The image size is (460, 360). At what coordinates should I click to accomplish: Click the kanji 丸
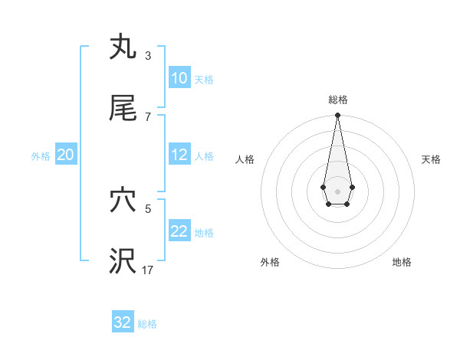click(123, 47)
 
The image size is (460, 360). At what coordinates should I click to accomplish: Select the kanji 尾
click(123, 109)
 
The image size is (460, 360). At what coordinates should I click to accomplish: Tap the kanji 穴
click(123, 201)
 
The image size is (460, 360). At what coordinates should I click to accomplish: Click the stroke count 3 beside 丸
click(147, 56)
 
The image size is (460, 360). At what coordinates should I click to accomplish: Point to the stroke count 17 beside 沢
click(148, 270)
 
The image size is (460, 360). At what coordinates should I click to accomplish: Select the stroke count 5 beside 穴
click(147, 208)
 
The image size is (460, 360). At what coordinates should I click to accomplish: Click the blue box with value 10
click(179, 78)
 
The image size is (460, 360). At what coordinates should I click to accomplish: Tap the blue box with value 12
click(179, 155)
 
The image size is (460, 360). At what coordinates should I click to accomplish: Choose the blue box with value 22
click(179, 231)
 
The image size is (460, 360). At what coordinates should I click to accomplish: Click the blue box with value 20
click(65, 155)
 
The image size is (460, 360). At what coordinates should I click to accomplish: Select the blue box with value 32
click(123, 322)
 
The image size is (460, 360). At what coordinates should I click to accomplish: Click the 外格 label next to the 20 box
click(41, 155)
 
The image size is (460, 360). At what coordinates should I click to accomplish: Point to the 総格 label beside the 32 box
click(147, 324)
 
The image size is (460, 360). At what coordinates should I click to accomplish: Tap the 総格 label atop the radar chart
click(337, 100)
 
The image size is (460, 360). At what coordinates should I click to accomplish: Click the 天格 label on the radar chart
click(431, 159)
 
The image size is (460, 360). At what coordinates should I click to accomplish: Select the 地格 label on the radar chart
click(402, 263)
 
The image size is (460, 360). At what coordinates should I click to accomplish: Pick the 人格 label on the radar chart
click(245, 159)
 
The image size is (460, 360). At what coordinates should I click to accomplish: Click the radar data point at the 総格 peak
click(337, 115)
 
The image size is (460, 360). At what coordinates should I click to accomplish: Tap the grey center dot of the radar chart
click(337, 190)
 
